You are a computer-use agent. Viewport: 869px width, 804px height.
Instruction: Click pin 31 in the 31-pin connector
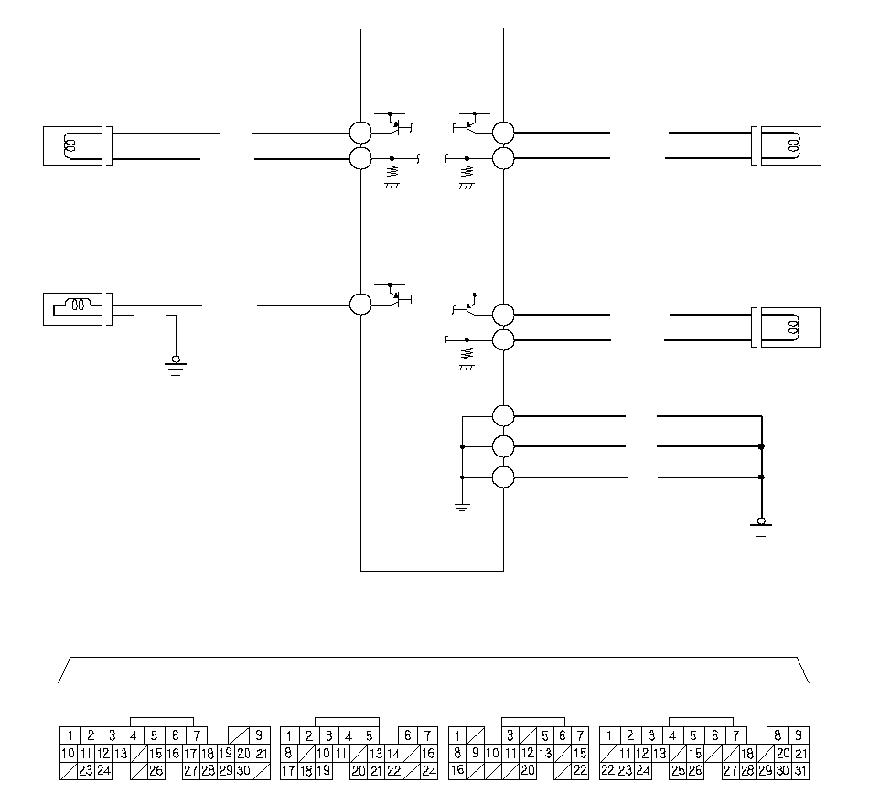800,771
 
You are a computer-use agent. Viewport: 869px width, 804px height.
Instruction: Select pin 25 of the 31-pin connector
678,771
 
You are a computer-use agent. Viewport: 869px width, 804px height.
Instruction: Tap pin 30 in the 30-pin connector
243,771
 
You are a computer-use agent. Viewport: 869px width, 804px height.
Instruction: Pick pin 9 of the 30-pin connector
259,735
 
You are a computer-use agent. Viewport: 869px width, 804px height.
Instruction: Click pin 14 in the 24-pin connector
393,754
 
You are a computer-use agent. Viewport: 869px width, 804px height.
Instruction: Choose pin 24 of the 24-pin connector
428,771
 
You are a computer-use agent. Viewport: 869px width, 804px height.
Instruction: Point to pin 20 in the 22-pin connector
528,771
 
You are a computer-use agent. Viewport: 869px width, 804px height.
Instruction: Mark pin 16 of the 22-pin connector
457,771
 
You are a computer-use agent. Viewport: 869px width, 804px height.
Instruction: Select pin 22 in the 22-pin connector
580,771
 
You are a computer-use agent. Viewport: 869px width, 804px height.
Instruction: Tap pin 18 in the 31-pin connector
747,754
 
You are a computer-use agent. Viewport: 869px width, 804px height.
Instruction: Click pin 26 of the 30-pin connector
156,771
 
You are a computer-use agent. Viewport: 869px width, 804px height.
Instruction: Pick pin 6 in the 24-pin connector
408,735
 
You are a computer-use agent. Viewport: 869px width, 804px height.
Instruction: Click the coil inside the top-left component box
70,145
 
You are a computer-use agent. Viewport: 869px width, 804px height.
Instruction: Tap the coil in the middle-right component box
793,327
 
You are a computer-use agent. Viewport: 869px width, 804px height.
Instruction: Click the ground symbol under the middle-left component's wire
176,367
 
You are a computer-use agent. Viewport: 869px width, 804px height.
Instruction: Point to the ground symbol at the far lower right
761,528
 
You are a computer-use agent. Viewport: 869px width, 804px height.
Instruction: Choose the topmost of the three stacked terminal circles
503,415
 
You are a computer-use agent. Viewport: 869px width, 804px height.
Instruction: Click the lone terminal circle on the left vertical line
360,305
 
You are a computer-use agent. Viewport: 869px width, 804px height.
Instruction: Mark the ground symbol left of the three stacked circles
462,507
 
